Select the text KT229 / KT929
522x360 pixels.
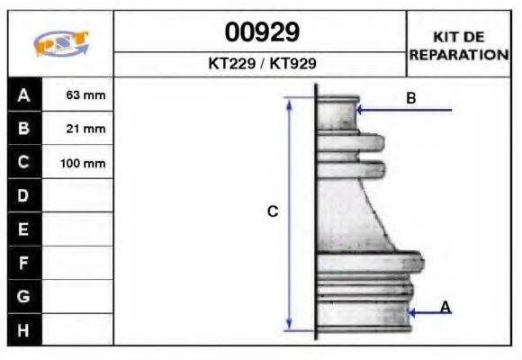pyautogui.click(x=261, y=64)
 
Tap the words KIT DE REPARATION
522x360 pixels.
pyautogui.click(x=459, y=45)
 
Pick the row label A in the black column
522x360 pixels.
pyautogui.click(x=23, y=94)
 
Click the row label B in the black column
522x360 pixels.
pyautogui.click(x=23, y=129)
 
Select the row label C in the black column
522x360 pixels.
pyautogui.click(x=23, y=163)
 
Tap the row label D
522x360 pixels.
pyautogui.click(x=23, y=196)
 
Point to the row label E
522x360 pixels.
pyautogui.click(x=23, y=229)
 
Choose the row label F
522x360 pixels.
pyautogui.click(x=23, y=263)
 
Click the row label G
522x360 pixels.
pyautogui.click(x=23, y=296)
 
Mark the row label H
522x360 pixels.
pyautogui.click(x=23, y=330)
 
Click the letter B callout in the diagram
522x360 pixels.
pyautogui.click(x=410, y=98)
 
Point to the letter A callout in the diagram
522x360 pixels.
pyautogui.click(x=445, y=308)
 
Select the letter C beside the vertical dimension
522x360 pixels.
pyautogui.click(x=273, y=211)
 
